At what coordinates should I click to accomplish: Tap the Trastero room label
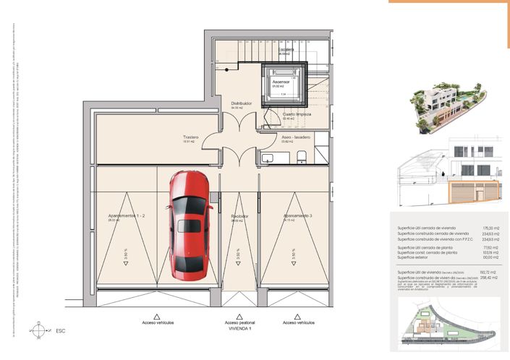190,137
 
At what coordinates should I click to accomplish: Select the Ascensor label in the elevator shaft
281,82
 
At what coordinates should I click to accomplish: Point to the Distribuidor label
242,103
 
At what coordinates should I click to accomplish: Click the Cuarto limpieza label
297,114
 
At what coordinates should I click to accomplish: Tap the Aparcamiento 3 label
297,216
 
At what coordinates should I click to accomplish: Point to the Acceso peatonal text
239,322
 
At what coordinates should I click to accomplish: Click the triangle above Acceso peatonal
239,315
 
